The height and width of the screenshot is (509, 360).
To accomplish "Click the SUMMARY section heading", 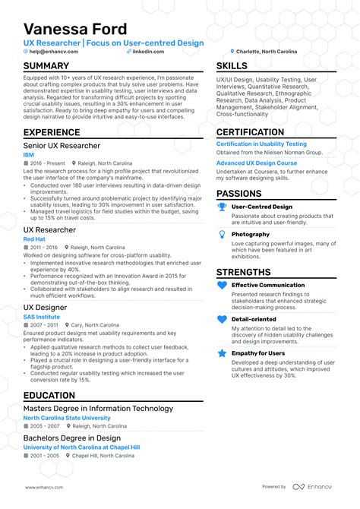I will coord(46,66).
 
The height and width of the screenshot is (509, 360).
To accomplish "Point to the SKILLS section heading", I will coord(232,66).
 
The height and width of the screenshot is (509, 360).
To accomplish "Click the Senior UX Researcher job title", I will coord(62,145).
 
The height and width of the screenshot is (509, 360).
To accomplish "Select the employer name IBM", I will coord(29,154).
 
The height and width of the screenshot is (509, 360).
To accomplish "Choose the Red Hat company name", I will coord(34,239).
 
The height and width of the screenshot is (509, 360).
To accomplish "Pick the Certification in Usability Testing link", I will coord(261,144).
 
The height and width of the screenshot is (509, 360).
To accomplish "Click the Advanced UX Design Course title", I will coord(256,163).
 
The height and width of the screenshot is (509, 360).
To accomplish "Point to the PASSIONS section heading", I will coord(238,194).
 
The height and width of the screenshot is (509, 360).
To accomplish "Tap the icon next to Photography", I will coord(222,236).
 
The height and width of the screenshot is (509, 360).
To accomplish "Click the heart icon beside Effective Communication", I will coord(222,286).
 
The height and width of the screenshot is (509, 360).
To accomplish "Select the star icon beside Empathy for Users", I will coord(222,353).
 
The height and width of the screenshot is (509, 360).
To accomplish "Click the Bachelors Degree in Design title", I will coord(71,438).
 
